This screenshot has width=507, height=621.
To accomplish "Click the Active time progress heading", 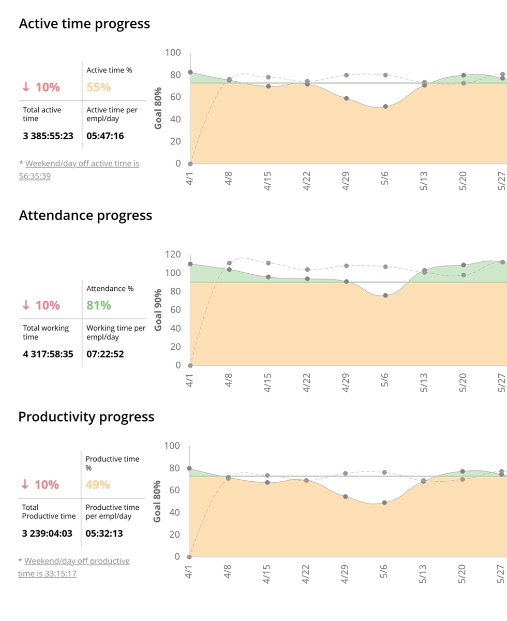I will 84,24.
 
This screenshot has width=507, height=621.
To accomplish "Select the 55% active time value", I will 98,87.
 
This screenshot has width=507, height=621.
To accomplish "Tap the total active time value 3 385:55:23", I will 48,136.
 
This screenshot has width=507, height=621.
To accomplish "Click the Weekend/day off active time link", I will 79,170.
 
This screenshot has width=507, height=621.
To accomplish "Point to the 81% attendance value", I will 98,305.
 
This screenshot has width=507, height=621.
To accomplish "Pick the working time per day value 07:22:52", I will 105,354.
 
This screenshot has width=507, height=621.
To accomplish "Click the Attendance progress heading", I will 85,215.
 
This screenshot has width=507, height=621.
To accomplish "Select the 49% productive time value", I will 98,485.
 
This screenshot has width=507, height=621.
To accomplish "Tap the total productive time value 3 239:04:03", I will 47,534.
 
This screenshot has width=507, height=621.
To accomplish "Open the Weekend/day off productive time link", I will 73,567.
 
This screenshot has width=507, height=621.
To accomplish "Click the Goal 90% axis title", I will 159,310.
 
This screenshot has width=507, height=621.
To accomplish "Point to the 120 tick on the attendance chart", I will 173,254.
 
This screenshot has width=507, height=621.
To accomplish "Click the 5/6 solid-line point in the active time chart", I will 385,107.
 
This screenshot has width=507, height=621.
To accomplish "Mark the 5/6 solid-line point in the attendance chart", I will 385,295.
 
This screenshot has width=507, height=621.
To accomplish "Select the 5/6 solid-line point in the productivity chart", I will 384,502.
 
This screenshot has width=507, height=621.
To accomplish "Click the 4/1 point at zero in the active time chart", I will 190,164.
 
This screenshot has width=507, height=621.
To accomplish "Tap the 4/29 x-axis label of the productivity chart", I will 345,573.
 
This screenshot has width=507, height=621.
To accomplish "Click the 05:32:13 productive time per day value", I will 104,534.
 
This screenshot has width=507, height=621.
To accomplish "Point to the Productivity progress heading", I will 86,417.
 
